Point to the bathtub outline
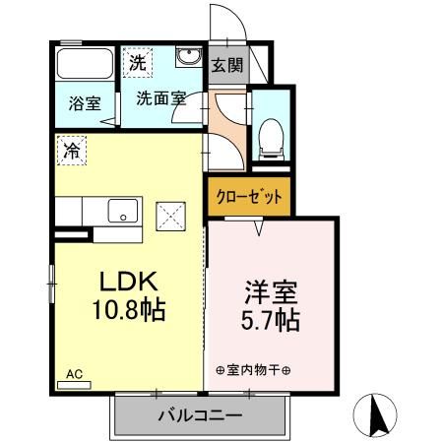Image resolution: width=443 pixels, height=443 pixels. click(x=87, y=65)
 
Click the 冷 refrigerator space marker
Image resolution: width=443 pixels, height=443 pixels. click(x=72, y=150)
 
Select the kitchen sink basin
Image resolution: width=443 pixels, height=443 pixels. click(x=125, y=209)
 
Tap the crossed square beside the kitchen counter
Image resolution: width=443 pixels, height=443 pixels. click(x=171, y=213)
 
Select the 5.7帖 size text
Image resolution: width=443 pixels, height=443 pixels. click(x=272, y=321)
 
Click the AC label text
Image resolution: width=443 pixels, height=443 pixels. click(x=75, y=373)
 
